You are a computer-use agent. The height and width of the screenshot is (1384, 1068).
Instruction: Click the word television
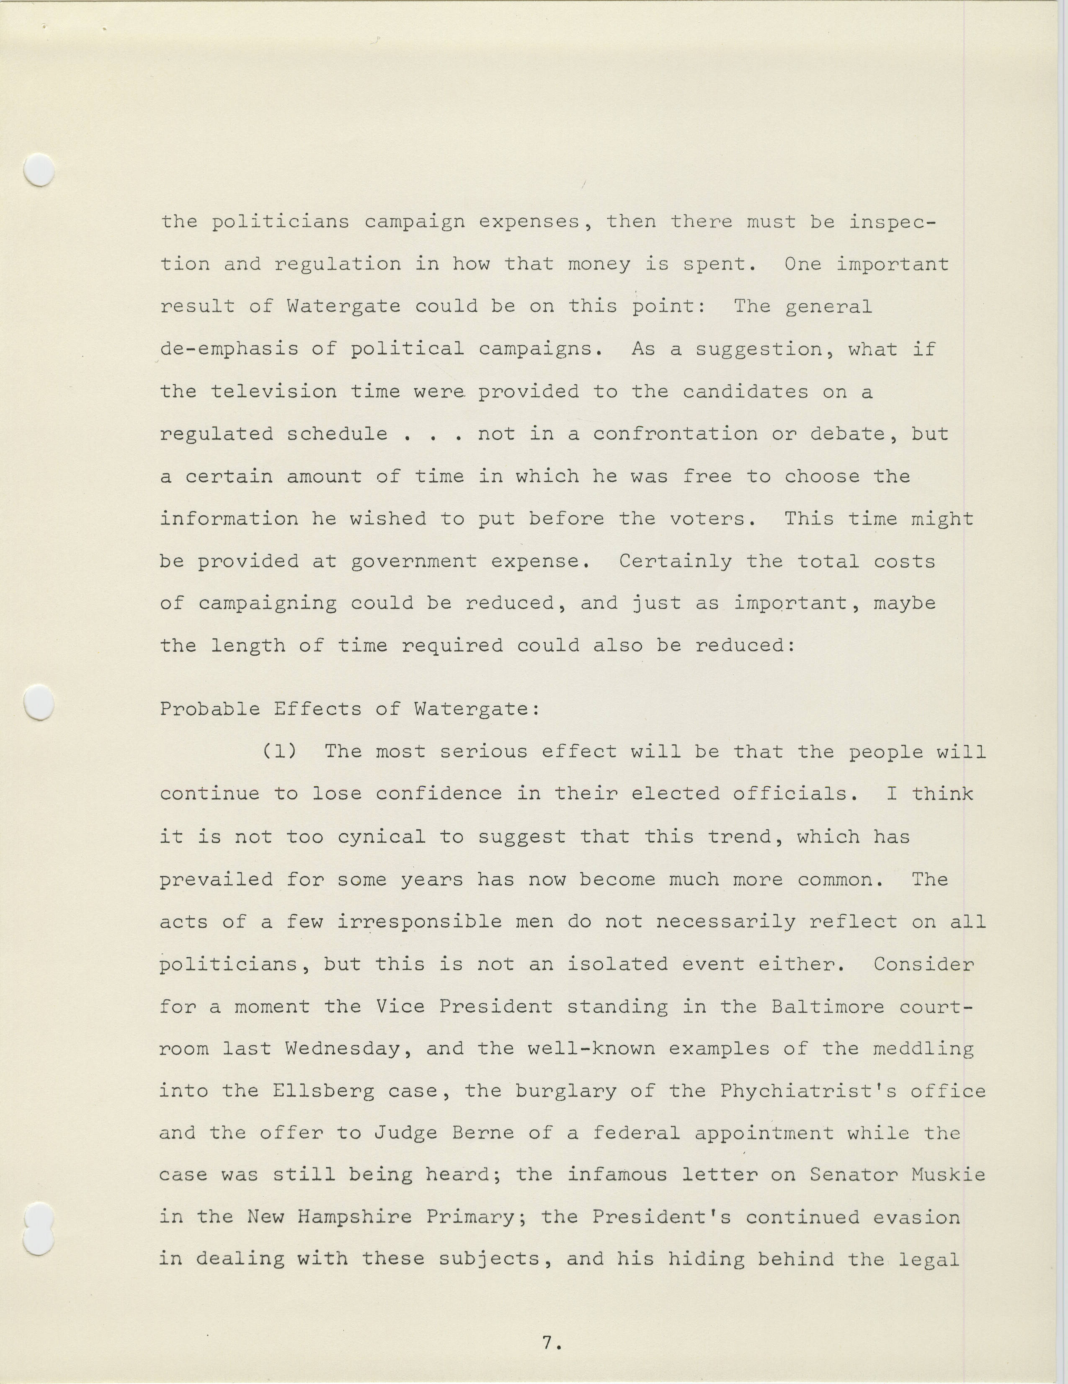pos(273,392)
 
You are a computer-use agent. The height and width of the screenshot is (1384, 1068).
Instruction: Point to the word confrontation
pos(675,434)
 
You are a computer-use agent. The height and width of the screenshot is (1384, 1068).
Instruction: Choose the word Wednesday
pos(343,1049)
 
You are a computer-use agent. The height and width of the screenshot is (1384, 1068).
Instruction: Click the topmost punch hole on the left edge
pos(39,170)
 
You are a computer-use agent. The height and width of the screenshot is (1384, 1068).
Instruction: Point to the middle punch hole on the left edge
pos(39,702)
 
